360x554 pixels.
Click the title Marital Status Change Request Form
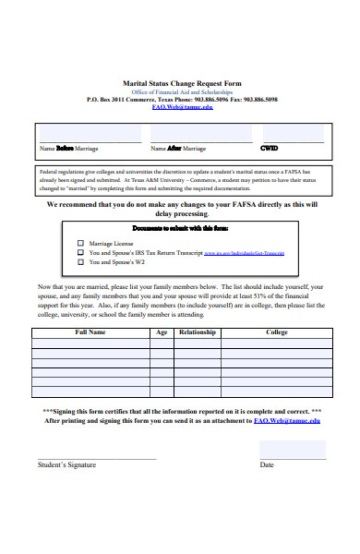click(x=182, y=82)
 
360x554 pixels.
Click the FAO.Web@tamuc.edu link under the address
click(x=182, y=106)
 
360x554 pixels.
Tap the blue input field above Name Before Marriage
click(x=90, y=134)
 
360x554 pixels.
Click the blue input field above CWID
click(x=291, y=134)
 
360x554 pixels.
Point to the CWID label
click(x=269, y=148)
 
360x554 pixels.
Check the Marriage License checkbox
click(x=80, y=243)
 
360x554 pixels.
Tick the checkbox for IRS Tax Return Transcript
click(x=80, y=252)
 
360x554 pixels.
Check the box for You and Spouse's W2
click(x=80, y=261)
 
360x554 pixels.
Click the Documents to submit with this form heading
click(x=180, y=227)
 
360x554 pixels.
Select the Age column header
click(x=162, y=331)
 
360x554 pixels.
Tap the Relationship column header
click(x=198, y=331)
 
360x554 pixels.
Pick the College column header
click(x=277, y=331)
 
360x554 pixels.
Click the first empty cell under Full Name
click(x=90, y=343)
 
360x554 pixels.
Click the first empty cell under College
click(x=277, y=343)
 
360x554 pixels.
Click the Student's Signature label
click(x=66, y=464)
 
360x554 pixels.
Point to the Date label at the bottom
click(x=267, y=464)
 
